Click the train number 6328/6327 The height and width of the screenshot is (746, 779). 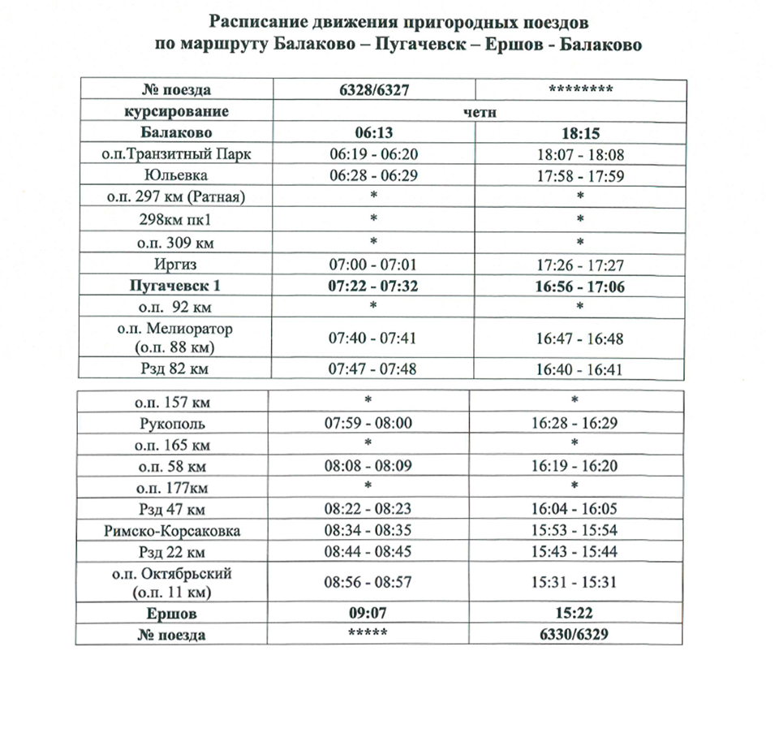point(374,89)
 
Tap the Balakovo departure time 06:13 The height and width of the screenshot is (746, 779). point(374,132)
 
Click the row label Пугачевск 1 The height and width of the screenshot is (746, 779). point(174,286)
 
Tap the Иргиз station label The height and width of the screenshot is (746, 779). point(174,265)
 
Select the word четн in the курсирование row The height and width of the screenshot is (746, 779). point(479,111)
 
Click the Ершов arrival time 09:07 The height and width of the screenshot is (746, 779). point(374,614)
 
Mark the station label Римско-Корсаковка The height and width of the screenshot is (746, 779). point(174,532)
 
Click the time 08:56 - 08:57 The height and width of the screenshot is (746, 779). point(374,582)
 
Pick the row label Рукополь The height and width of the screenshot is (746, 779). point(174,424)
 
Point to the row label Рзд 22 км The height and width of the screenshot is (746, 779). point(174,553)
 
